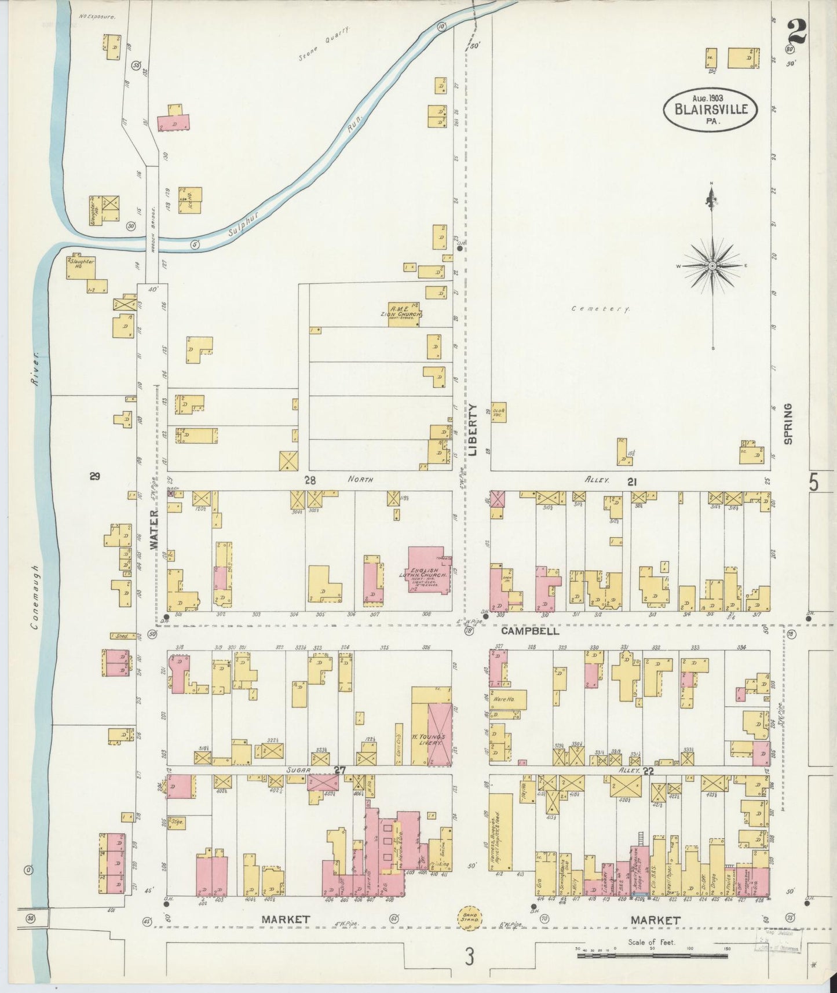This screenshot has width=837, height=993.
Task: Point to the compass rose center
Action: [712, 266]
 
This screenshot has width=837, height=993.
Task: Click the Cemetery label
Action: [600, 309]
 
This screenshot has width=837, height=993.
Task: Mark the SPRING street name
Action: [787, 424]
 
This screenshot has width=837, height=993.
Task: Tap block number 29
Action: [95, 476]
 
